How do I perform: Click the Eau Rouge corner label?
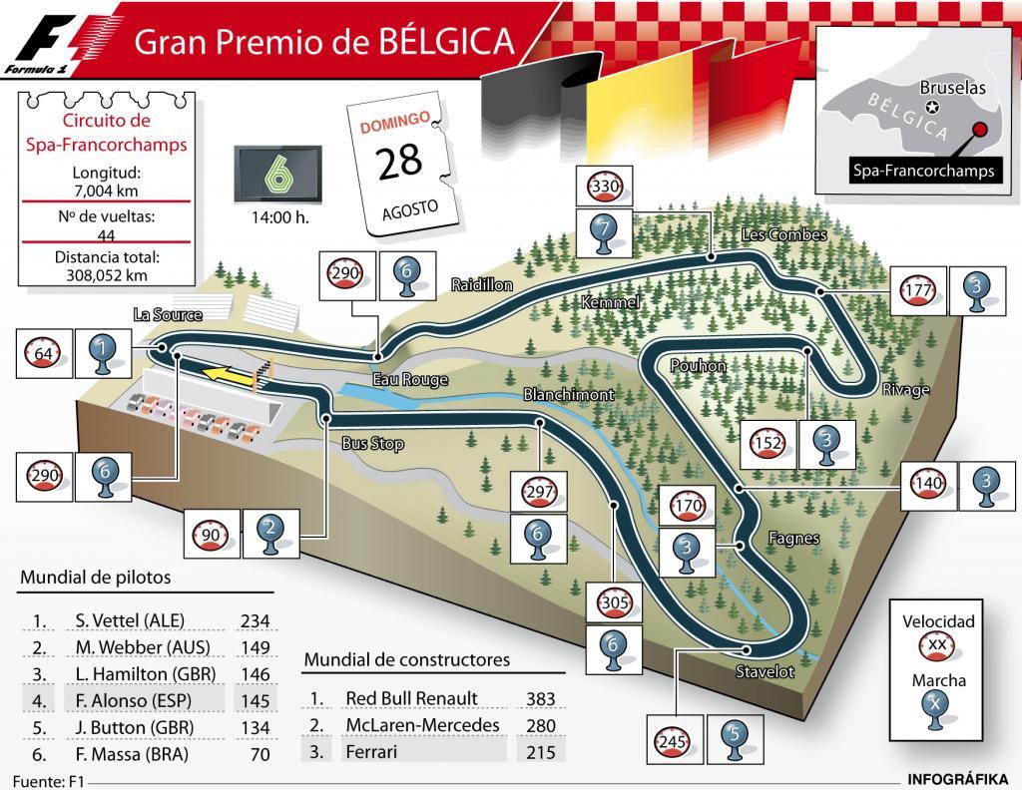point(410,380)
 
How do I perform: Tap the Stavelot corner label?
point(766,671)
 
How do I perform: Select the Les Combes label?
point(784,235)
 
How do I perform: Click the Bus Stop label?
point(372,443)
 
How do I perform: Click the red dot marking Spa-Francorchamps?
point(980,131)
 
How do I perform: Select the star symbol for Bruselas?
point(932,107)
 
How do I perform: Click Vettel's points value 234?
point(255,620)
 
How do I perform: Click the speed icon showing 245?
point(670,741)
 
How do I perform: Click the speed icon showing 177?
point(916,290)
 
